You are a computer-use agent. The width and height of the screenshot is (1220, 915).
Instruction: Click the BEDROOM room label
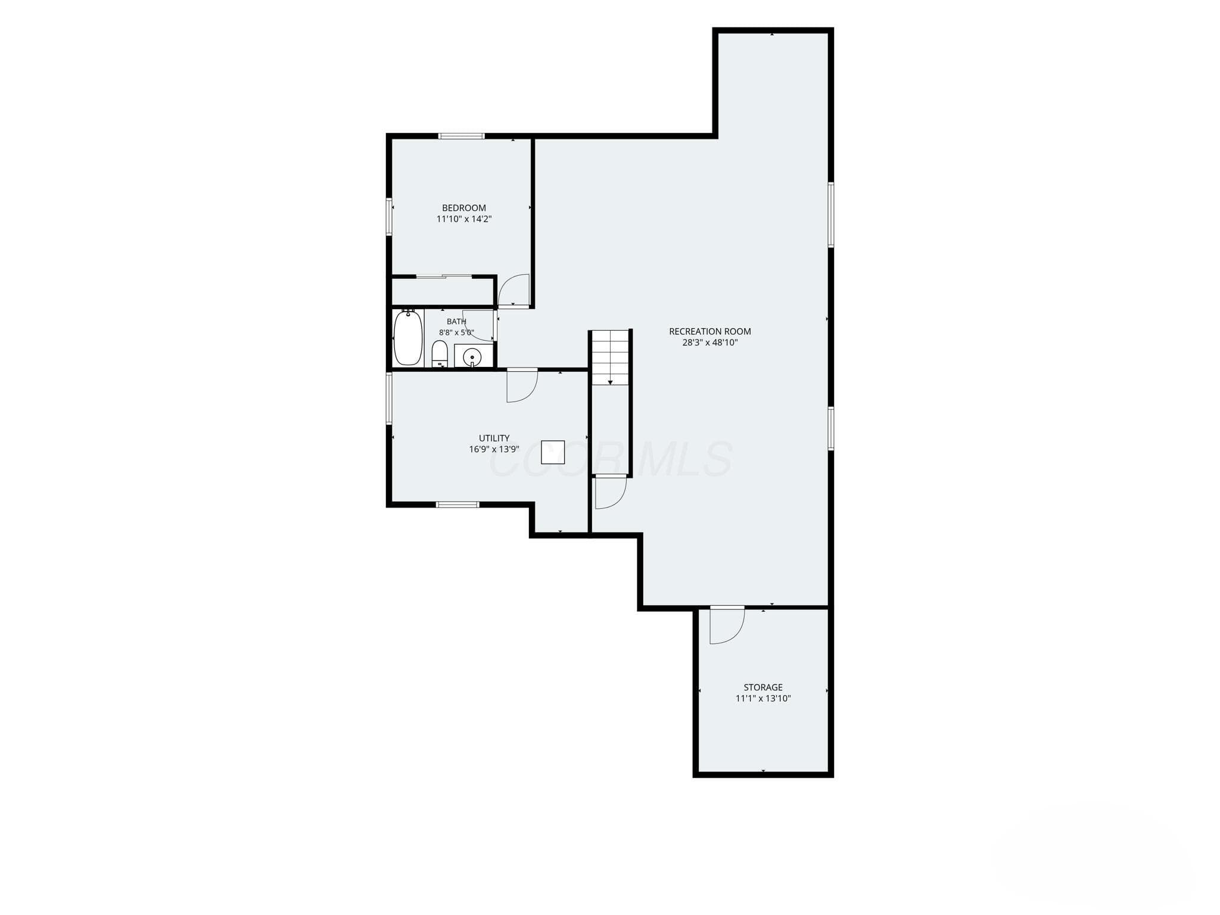pyautogui.click(x=463, y=208)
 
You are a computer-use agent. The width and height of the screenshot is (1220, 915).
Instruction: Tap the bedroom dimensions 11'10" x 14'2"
pyautogui.click(x=464, y=219)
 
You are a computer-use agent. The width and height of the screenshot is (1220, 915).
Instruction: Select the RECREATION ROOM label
pyautogui.click(x=710, y=331)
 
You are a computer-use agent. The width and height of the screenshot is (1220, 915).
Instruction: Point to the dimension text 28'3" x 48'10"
pyautogui.click(x=710, y=343)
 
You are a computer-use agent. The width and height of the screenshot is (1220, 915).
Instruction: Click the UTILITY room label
pyautogui.click(x=494, y=438)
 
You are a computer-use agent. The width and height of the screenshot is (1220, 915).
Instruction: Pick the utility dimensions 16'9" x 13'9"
pyautogui.click(x=494, y=449)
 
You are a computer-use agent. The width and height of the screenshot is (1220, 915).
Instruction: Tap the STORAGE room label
pyautogui.click(x=763, y=687)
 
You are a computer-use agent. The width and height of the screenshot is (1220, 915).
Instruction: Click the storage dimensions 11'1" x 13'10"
pyautogui.click(x=763, y=698)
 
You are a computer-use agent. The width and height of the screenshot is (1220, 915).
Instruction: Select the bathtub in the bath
pyautogui.click(x=408, y=337)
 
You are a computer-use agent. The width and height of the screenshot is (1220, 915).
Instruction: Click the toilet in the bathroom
pyautogui.click(x=440, y=354)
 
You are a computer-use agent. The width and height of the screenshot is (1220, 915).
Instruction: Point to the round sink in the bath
pyautogui.click(x=472, y=356)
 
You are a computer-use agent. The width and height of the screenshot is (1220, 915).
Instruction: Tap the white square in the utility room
pyautogui.click(x=553, y=452)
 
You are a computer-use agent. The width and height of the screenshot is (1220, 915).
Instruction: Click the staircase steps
pyautogui.click(x=610, y=357)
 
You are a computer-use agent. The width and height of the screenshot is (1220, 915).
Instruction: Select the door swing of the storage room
pyautogui.click(x=727, y=625)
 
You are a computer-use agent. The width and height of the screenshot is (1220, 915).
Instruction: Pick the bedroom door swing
pyautogui.click(x=513, y=290)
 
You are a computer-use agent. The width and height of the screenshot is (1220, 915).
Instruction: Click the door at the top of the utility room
pyautogui.click(x=522, y=385)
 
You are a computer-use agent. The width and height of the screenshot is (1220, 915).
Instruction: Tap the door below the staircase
pyautogui.click(x=611, y=492)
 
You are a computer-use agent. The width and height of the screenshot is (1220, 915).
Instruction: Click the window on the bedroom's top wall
pyautogui.click(x=462, y=136)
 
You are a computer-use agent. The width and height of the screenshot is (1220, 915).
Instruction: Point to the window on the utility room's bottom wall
pyautogui.click(x=457, y=505)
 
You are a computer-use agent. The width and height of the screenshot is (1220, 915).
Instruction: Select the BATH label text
pyautogui.click(x=456, y=322)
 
